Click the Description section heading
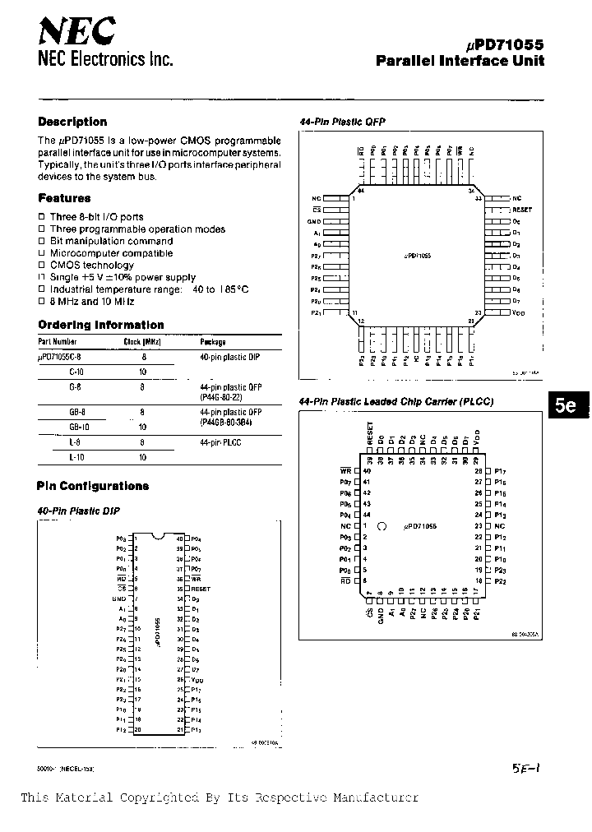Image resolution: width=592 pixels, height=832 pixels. [72, 122]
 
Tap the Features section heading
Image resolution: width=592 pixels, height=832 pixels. [64, 198]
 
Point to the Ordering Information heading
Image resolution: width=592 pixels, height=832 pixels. [101, 325]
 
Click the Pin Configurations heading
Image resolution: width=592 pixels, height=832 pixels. [93, 486]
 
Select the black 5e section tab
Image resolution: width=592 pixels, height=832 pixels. [566, 405]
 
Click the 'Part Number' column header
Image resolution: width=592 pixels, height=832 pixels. [58, 341]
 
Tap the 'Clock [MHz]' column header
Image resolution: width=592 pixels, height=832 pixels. [141, 341]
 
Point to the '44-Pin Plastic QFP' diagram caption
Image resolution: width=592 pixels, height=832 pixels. [342, 122]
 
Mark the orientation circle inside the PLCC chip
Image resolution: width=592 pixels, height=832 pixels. [382, 525]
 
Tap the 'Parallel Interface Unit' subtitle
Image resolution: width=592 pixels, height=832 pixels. [460, 61]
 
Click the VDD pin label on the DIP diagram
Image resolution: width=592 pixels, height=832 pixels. [197, 680]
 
